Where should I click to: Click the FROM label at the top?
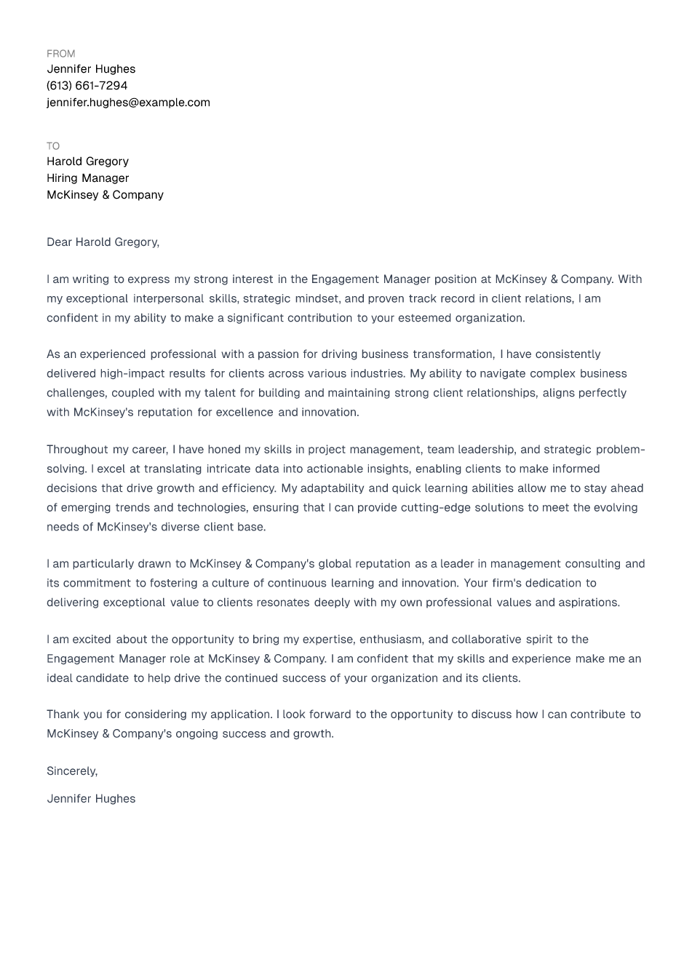[x=60, y=54]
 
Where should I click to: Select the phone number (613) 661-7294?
[x=87, y=86]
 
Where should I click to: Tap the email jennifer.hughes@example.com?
[x=128, y=103]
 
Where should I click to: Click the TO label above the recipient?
[x=53, y=146]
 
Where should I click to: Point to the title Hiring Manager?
[x=87, y=178]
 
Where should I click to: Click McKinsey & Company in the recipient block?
[x=105, y=195]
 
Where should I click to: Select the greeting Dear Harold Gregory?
[x=103, y=242]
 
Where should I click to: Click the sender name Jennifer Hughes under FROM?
[x=91, y=69]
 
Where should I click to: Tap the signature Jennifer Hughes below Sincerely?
[x=91, y=799]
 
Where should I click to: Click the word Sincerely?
[x=71, y=771]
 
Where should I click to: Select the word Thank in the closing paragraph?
[x=62, y=715]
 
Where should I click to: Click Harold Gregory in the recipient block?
[x=87, y=162]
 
